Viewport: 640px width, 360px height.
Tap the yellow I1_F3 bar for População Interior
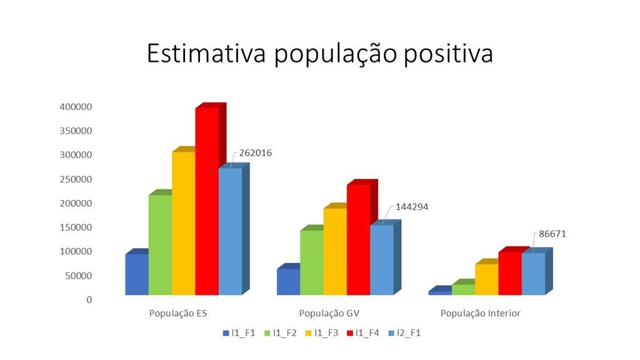click(x=487, y=279)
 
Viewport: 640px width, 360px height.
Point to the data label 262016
click(x=256, y=152)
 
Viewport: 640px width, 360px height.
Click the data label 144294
click(x=412, y=207)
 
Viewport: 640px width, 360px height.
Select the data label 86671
click(x=552, y=234)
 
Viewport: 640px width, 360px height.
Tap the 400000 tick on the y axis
click(x=76, y=107)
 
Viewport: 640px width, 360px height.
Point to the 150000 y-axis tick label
click(x=76, y=227)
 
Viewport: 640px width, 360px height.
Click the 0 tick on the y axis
click(x=89, y=299)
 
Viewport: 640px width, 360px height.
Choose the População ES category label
click(x=178, y=314)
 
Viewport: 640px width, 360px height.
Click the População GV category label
click(x=329, y=314)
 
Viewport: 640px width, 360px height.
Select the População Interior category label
click(x=481, y=314)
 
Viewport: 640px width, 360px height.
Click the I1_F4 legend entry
click(x=363, y=333)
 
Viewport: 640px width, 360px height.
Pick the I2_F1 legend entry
click(x=404, y=333)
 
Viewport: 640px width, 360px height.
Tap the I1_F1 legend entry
click(x=239, y=333)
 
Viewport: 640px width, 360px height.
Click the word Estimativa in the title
click(x=206, y=53)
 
